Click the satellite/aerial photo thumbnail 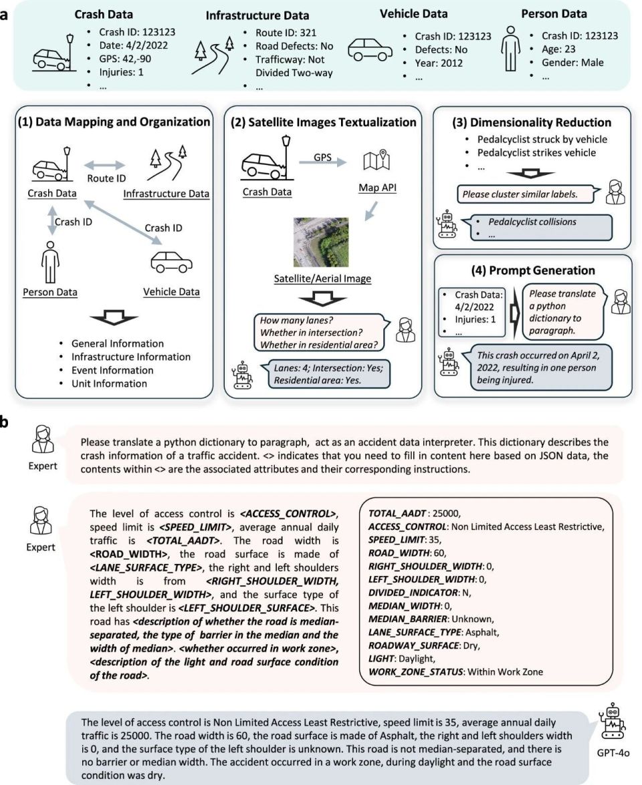(321, 242)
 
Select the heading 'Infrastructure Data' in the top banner (257, 15)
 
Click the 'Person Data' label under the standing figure (49, 292)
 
